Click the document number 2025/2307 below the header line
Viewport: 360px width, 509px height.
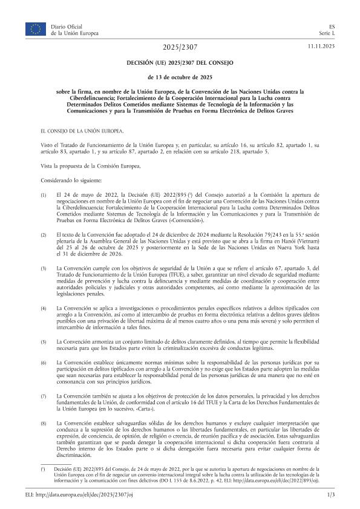point(180,47)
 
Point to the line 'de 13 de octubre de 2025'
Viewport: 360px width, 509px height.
point(180,77)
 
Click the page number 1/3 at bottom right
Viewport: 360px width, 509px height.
point(330,495)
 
